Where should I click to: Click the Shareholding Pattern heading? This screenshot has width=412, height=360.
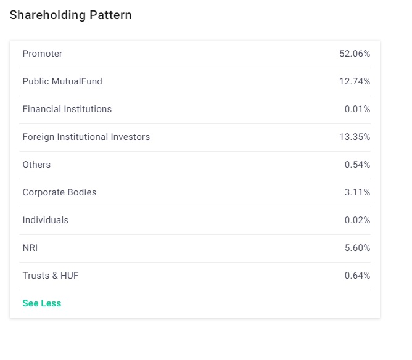point(70,15)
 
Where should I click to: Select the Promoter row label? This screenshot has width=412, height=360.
point(43,54)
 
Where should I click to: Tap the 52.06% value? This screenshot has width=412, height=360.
point(355,54)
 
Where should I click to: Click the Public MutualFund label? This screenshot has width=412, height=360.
point(62,81)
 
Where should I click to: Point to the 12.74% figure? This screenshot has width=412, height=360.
point(355,81)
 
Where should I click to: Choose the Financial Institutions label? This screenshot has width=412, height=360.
point(67,109)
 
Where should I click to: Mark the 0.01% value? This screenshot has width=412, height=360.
point(357,109)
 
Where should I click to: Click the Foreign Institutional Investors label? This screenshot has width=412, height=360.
point(86,137)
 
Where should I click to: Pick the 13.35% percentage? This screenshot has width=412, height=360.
point(355,137)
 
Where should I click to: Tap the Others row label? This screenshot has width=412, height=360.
point(36,165)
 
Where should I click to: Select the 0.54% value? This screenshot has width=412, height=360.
point(357,165)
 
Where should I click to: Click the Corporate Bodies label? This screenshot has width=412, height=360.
point(59,192)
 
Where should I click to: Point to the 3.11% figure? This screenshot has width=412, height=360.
point(357,192)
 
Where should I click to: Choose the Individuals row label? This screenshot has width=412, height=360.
point(46,220)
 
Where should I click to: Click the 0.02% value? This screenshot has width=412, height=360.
point(357,220)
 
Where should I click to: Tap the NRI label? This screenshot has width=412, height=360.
point(30,248)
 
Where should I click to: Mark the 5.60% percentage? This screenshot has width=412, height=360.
point(357,248)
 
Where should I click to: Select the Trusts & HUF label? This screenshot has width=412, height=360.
point(51,276)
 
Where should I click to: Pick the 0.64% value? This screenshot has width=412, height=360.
point(357,276)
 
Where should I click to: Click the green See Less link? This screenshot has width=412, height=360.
point(42,303)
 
